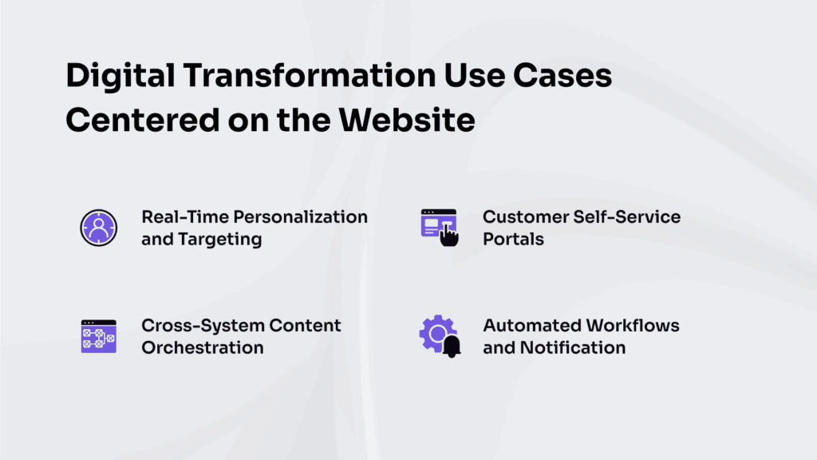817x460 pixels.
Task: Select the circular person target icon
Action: pos(99,228)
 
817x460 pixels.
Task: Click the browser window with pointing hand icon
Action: pos(438,228)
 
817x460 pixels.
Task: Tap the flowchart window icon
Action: pos(99,336)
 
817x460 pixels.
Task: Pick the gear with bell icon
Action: pos(438,336)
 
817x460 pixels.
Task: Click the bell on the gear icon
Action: pos(451,347)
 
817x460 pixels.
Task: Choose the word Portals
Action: pos(513,239)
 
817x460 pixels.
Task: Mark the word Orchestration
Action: pos(203,347)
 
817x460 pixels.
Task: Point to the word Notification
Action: pos(573,347)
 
